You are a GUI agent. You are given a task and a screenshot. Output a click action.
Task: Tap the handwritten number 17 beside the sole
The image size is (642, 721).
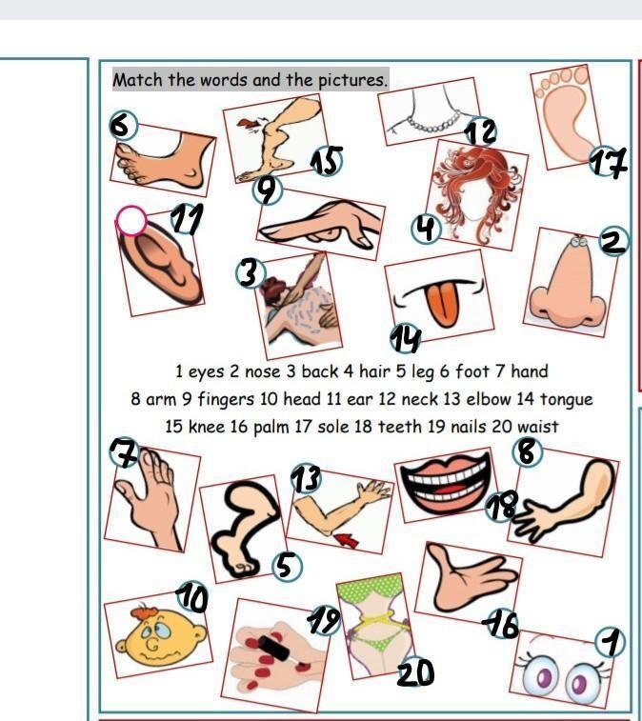coord(609,162)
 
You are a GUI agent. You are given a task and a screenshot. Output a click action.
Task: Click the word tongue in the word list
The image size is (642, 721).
coord(566,399)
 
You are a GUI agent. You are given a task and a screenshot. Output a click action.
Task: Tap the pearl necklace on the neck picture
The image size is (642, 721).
coord(432,124)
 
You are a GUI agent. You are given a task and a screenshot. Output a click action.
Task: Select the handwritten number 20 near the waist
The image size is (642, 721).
coord(415,671)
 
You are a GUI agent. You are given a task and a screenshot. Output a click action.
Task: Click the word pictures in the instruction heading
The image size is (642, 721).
coord(352,80)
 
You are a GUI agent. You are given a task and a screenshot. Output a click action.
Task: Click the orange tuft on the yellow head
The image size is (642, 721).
coord(146,613)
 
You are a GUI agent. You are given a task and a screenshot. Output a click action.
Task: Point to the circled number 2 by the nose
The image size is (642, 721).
coord(613,241)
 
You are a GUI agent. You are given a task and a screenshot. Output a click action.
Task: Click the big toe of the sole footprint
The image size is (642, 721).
coord(580,74)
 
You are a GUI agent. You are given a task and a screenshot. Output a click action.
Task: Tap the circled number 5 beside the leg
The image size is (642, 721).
coord(287,566)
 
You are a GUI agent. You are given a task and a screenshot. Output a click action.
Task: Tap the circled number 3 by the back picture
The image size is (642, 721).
coord(251,272)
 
